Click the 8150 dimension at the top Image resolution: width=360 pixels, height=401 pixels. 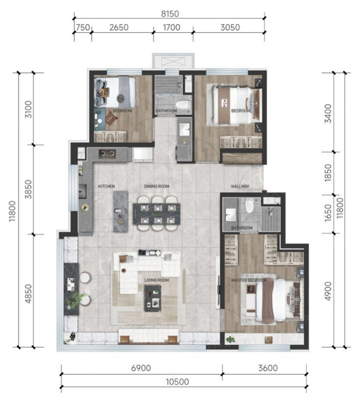coord(170,14)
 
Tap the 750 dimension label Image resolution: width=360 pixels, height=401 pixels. coord(83,27)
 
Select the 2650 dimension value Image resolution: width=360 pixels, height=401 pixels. coord(119,27)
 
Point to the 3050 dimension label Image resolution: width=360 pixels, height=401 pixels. coord(230,27)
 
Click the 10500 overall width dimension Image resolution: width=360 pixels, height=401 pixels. coord(177,382)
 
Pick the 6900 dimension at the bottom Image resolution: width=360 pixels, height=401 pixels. coord(141,368)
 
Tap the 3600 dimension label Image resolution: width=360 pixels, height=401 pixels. coord(268,368)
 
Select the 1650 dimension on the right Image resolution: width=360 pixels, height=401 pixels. coord(328,213)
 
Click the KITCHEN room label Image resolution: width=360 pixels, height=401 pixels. coord(106,187)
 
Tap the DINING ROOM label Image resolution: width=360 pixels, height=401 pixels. coord(156,187)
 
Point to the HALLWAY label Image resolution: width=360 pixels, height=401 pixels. coord(240,187)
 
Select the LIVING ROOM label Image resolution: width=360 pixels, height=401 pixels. coord(156,280)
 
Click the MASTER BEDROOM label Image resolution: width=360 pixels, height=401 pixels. coord(249,280)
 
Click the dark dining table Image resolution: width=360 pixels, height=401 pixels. coord(156,214)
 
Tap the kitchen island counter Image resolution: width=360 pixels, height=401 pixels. coord(120,211)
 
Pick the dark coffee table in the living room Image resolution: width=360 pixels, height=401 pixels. coord(153,299)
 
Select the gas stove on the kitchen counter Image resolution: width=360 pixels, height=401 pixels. coord(107,154)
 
